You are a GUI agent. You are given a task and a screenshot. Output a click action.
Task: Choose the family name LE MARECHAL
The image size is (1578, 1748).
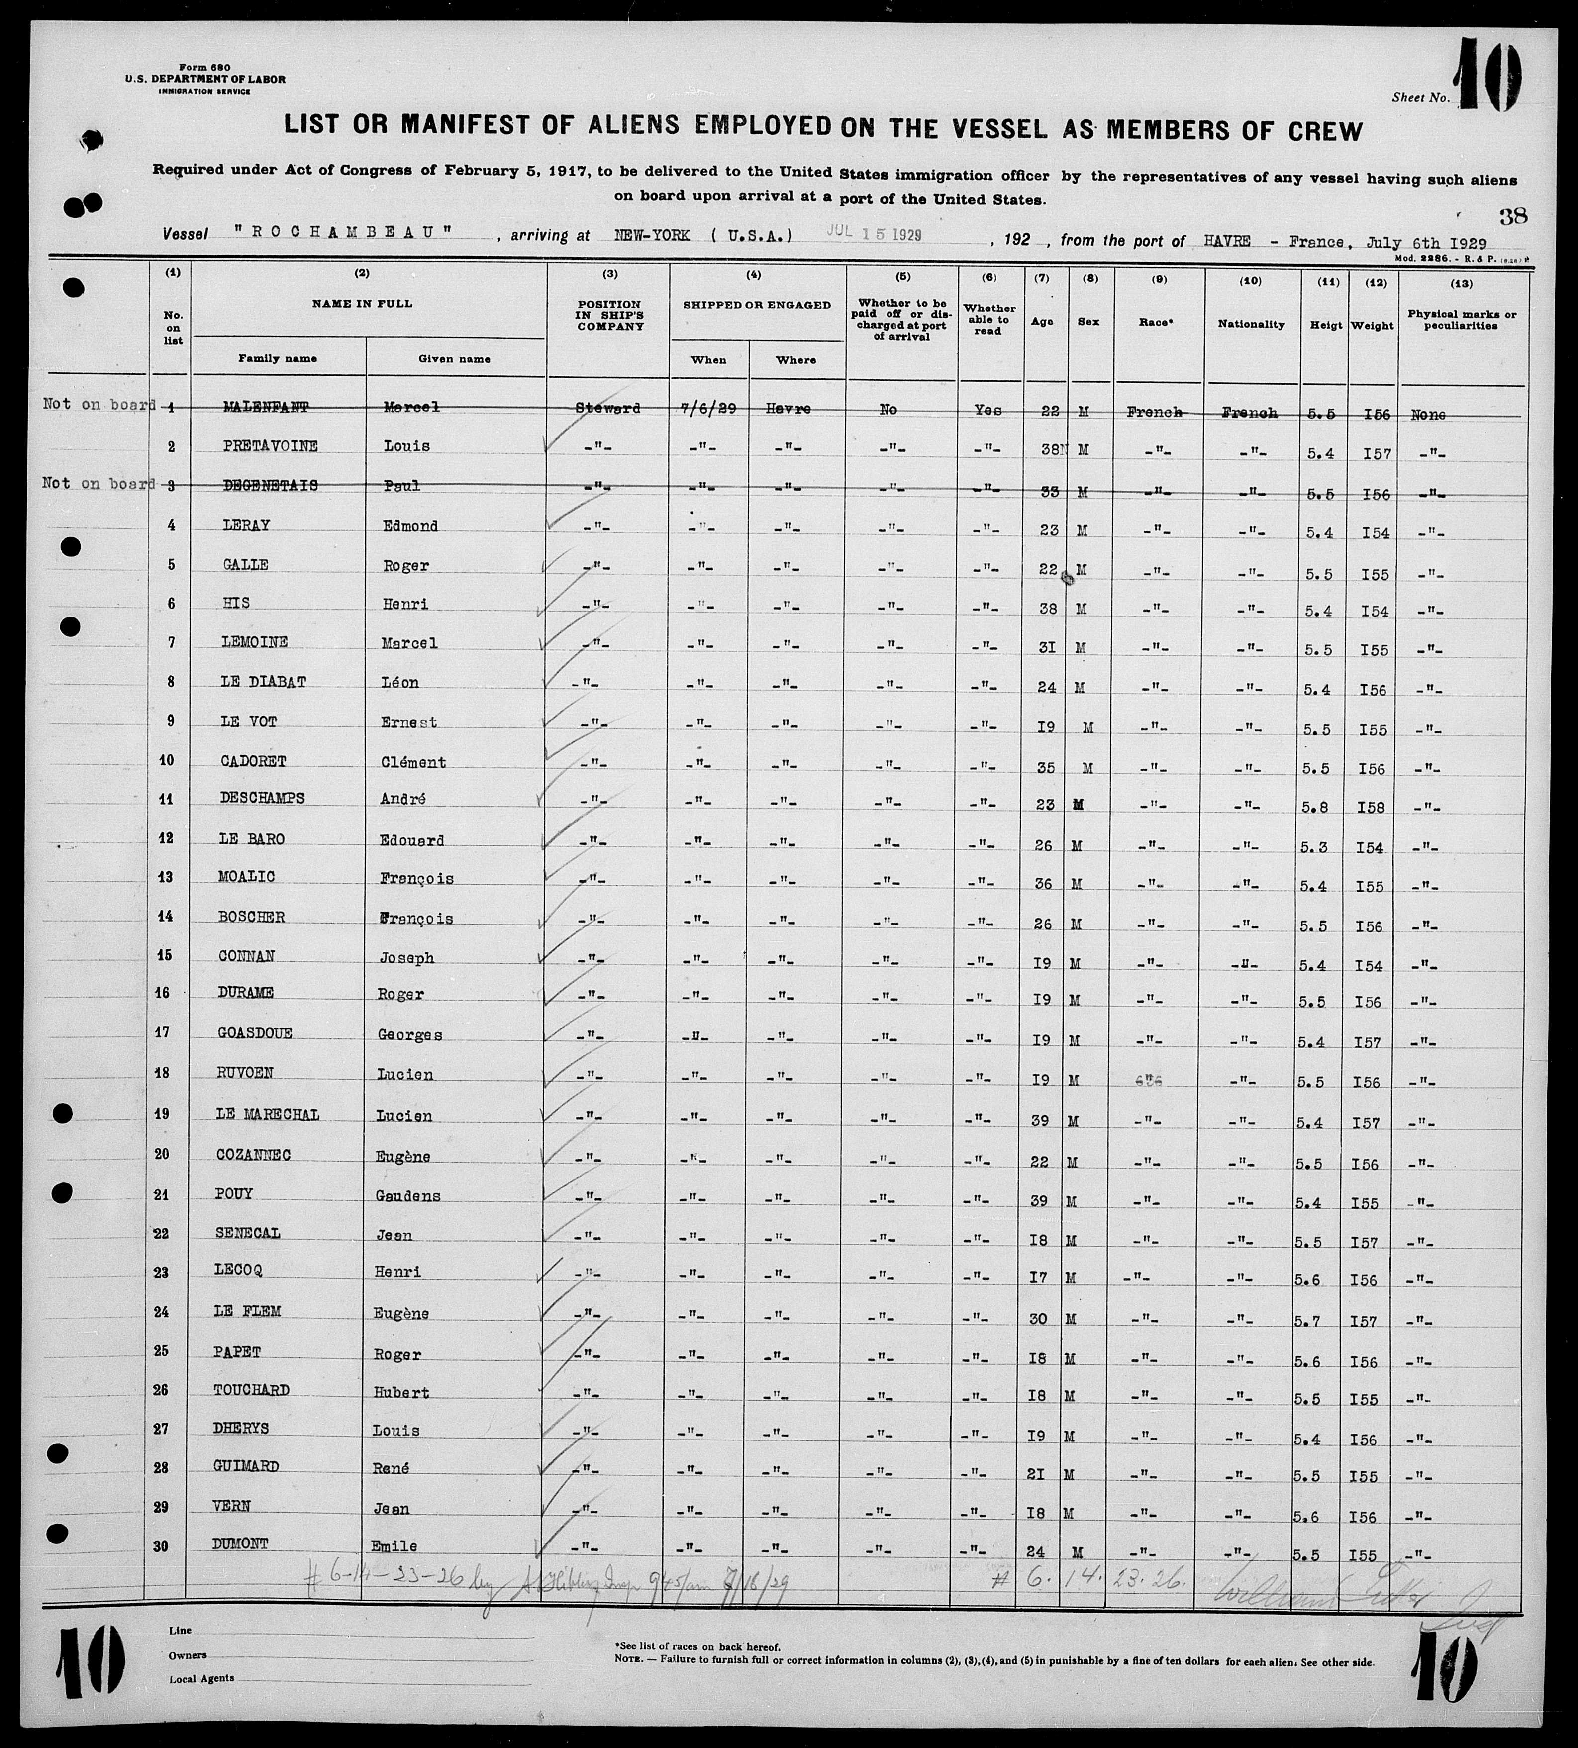tap(268, 1114)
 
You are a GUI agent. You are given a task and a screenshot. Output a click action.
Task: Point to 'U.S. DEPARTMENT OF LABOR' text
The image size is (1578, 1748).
tap(204, 79)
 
